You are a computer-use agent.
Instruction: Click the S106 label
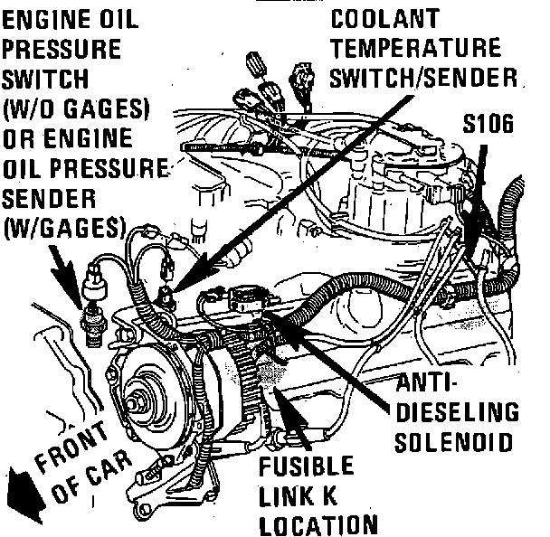[x=488, y=125]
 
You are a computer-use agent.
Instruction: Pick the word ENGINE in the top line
[x=38, y=19]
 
